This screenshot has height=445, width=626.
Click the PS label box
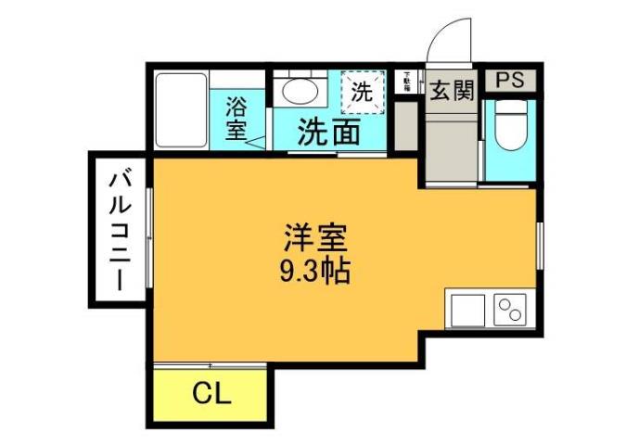tap(509, 80)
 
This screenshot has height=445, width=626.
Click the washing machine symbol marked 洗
tap(360, 92)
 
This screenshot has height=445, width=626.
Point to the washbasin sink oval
tap(299, 91)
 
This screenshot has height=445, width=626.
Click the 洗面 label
tap(328, 133)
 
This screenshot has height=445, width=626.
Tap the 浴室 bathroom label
tap(236, 116)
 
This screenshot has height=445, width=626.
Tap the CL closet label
tap(211, 393)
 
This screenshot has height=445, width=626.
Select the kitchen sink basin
tap(467, 308)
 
